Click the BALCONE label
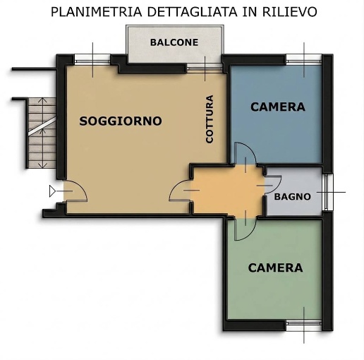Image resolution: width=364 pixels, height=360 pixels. coord(174,42)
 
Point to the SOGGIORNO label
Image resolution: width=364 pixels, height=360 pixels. coord(121,121)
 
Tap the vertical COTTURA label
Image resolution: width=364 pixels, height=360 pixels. coord(210,119)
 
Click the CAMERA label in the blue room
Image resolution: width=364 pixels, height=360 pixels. coord(278,107)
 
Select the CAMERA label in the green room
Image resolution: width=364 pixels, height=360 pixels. coord(275,268)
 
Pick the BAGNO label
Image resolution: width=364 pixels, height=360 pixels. coord(292,196)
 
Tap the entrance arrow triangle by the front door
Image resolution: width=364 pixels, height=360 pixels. coord(54,191)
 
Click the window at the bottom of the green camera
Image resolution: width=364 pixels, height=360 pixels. coord(304,325)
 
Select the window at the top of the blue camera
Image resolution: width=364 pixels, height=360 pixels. coord(305,59)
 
